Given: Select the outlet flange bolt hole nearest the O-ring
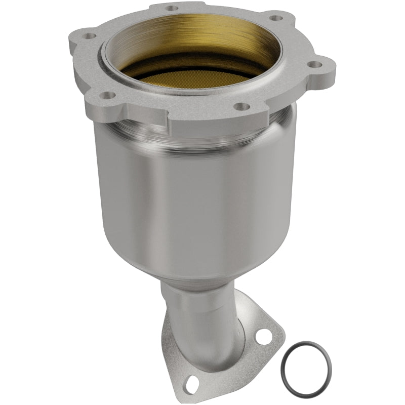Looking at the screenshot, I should [x=263, y=335].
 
